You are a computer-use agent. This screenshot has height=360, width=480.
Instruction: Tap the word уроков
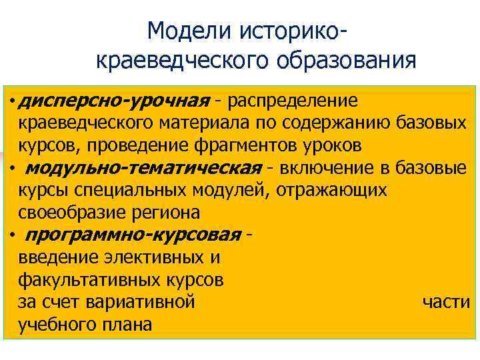click(x=328, y=145)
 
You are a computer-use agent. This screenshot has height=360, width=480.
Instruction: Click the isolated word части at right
click(x=446, y=302)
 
